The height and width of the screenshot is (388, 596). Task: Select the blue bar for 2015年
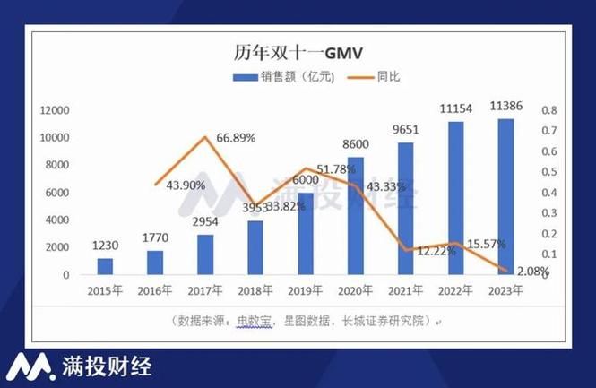(x=106, y=266)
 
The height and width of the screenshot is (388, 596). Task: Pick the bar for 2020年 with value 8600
(x=356, y=216)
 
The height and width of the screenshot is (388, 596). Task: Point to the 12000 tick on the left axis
(x=54, y=110)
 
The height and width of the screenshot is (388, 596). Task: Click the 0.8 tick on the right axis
(x=548, y=110)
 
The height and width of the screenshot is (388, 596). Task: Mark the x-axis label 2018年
(x=255, y=290)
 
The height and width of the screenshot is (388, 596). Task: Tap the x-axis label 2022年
(x=456, y=290)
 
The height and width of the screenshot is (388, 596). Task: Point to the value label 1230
(x=106, y=245)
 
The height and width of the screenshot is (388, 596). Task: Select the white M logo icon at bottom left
(x=30, y=366)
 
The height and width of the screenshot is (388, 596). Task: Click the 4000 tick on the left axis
(x=56, y=220)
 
